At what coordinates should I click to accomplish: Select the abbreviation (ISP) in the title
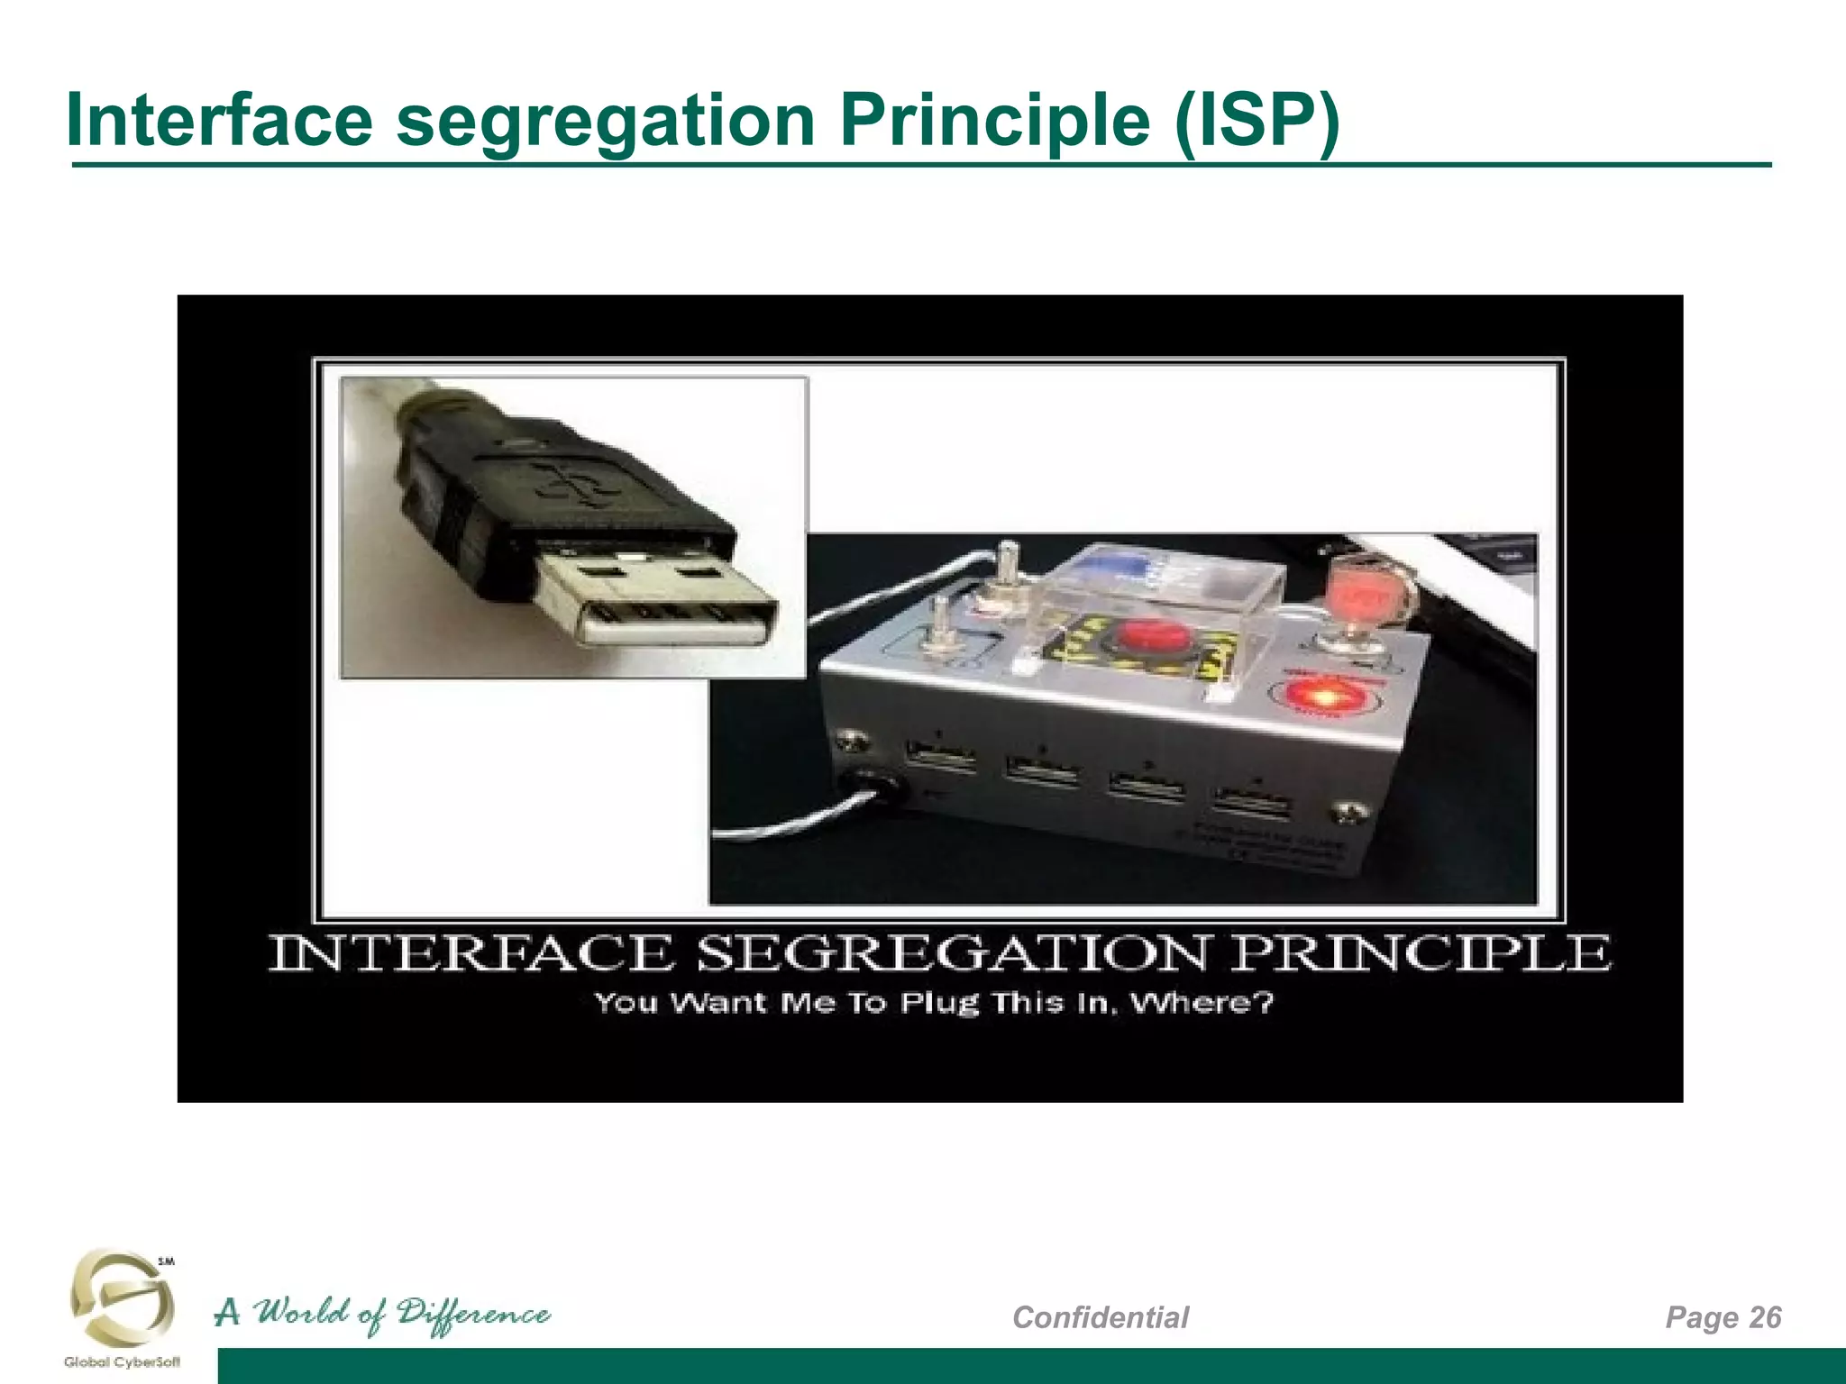click(1257, 122)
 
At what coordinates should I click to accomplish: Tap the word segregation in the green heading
click(606, 122)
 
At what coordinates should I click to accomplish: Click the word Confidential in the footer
click(1100, 1317)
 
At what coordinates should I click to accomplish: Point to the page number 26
click(1765, 1316)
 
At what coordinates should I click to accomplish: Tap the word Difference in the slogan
click(474, 1314)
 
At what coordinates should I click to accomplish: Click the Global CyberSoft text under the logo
click(122, 1362)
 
